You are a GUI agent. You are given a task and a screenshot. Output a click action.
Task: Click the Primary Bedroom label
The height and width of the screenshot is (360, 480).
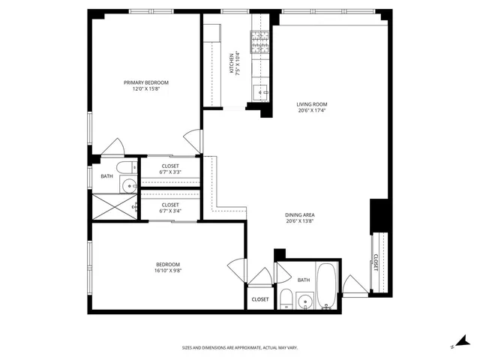[146, 82]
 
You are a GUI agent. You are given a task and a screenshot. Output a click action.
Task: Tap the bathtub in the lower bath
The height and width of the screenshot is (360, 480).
[326, 288]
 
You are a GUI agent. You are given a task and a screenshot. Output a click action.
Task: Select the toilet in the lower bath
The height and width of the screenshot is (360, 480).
[285, 299]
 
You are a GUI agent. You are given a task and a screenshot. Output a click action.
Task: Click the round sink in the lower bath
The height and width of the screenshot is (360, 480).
[304, 302]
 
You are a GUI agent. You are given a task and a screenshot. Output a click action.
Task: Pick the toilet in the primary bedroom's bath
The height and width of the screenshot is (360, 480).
[127, 167]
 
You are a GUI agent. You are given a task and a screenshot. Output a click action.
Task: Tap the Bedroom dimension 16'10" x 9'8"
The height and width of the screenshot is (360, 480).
[168, 271]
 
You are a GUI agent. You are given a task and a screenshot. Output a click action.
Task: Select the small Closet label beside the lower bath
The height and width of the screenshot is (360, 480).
[260, 299]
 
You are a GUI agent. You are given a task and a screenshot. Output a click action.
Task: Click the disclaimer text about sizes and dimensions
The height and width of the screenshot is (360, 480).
[240, 347]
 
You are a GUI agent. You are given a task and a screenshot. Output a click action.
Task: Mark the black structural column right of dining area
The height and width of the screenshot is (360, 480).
[379, 214]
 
